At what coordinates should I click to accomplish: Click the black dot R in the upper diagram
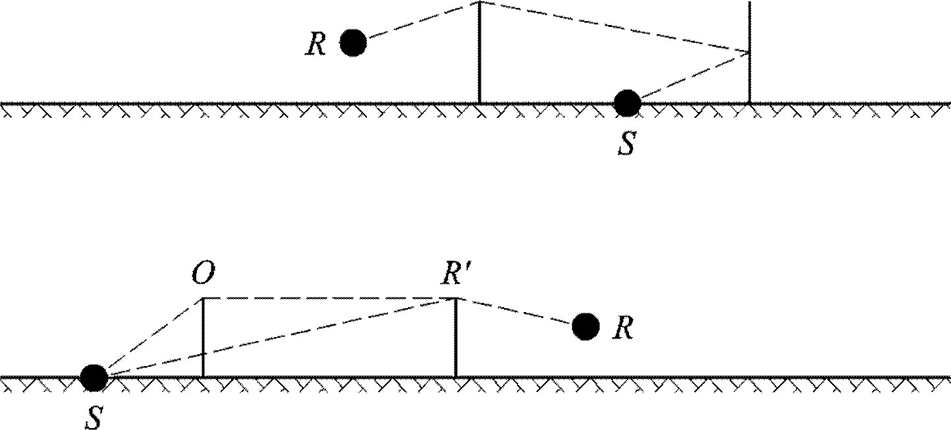click(x=353, y=43)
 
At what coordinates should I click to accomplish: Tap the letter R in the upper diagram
click(x=315, y=45)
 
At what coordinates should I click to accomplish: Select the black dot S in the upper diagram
click(x=626, y=103)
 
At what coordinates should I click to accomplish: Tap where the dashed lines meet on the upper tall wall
click(x=749, y=51)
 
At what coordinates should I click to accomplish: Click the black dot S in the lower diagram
click(x=94, y=377)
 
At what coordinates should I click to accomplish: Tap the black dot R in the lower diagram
click(x=585, y=326)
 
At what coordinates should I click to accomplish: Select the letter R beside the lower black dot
click(x=622, y=328)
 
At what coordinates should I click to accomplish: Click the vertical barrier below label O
click(x=203, y=337)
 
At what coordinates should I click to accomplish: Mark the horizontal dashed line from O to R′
click(x=329, y=298)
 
